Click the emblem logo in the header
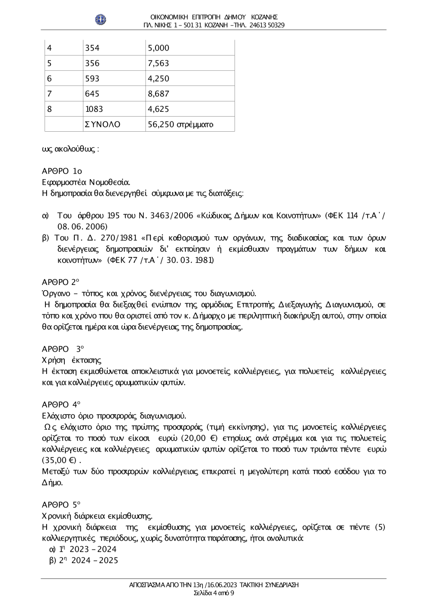[101, 19]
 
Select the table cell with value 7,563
[158, 63]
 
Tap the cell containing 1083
[94, 109]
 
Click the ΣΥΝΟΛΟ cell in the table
[102, 124]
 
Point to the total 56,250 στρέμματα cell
[181, 124]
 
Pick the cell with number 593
[92, 79]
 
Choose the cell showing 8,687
[158, 94]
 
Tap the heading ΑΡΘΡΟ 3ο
[63, 349]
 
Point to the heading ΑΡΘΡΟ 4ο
[61, 405]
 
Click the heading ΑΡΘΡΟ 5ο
[61, 504]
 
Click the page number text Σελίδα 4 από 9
[214, 592]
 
